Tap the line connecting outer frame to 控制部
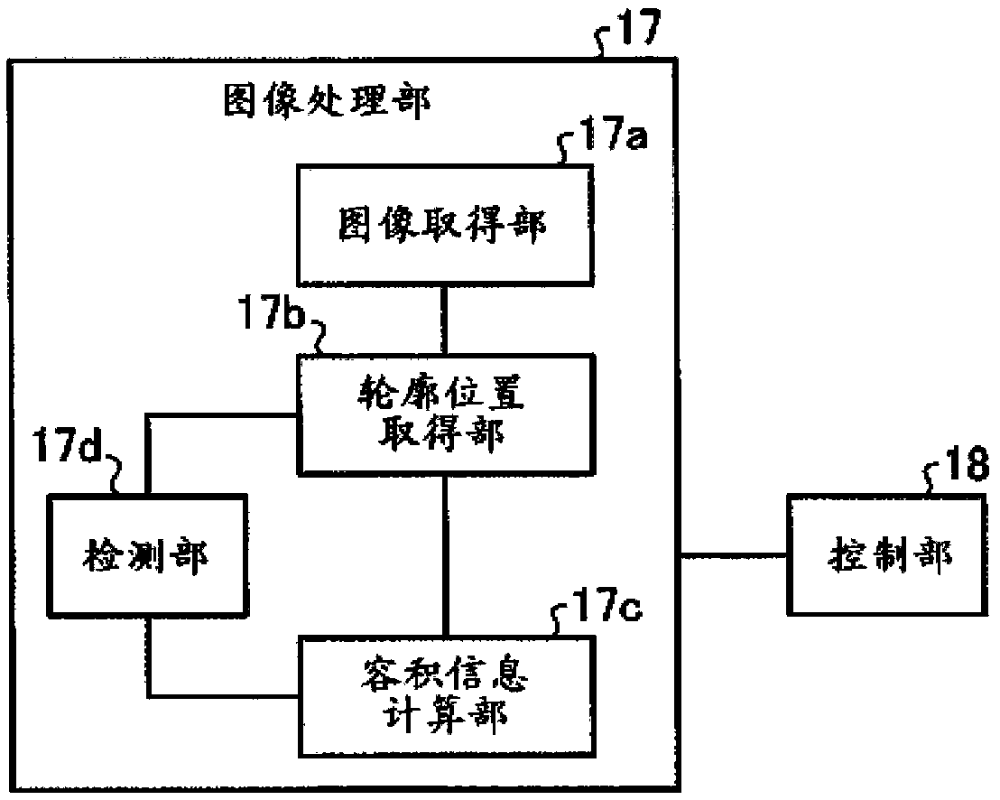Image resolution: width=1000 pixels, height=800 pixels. (x=732, y=554)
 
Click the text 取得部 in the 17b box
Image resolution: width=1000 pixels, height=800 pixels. (x=447, y=435)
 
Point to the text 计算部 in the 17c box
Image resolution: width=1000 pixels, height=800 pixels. (x=447, y=717)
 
